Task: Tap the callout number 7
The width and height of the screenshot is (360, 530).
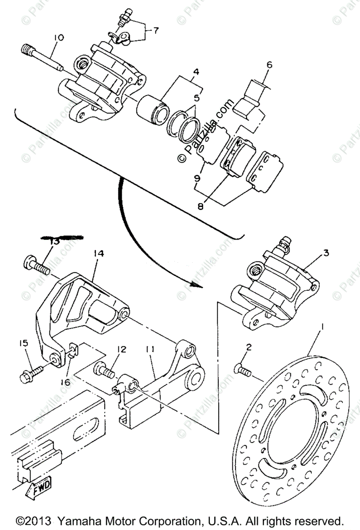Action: [x=156, y=30]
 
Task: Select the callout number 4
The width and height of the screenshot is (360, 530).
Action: [x=195, y=71]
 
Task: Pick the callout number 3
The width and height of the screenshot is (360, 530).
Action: [x=326, y=253]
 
